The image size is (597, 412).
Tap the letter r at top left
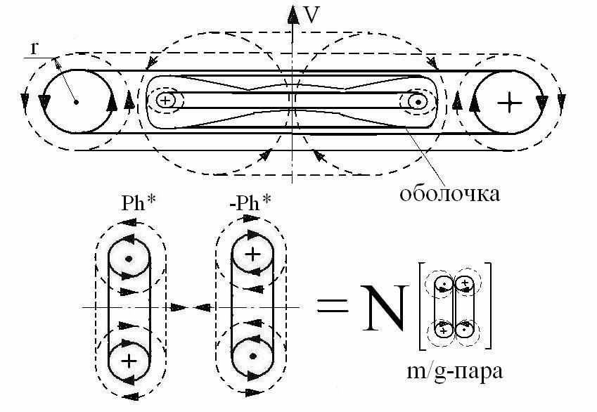click(x=34, y=47)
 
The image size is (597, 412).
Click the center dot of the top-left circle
click(x=75, y=102)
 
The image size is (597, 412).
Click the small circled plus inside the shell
click(x=165, y=101)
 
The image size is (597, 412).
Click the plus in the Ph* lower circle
click(x=129, y=361)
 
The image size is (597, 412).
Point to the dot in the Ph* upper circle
click(x=128, y=258)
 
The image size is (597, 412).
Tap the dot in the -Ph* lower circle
click(x=252, y=356)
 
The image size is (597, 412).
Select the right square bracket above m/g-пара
click(x=488, y=307)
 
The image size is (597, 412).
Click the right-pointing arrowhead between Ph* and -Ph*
click(x=179, y=307)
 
